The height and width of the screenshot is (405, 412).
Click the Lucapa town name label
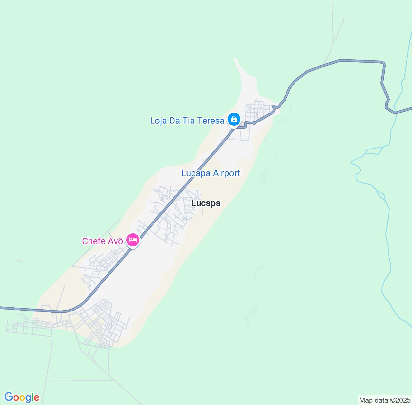coord(206,203)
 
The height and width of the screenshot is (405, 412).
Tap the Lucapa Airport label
coord(211,173)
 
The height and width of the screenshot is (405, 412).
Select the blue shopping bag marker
coord(234,120)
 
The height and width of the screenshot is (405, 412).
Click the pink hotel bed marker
coord(133,240)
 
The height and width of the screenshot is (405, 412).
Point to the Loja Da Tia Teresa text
coord(187,121)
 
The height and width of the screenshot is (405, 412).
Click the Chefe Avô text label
coord(102,241)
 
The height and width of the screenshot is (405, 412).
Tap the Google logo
coord(22,398)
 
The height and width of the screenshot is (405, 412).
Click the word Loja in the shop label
coord(158,121)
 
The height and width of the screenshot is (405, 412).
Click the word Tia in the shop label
coord(189,121)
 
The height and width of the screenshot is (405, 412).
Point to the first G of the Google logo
coord(9,397)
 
